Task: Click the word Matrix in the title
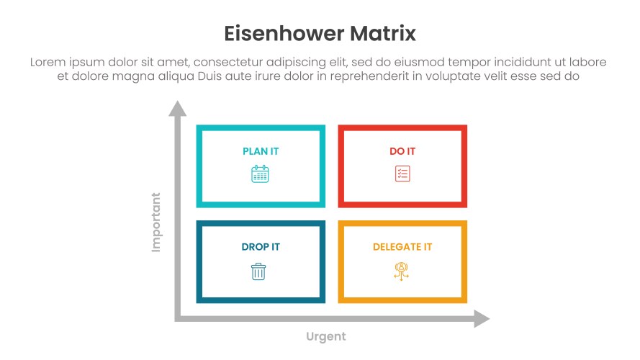(x=383, y=33)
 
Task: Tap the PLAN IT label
(x=261, y=151)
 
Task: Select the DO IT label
(x=402, y=151)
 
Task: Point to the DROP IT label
(x=261, y=247)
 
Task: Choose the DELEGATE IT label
(x=402, y=247)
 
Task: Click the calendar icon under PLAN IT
(x=260, y=174)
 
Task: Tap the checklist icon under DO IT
(x=402, y=174)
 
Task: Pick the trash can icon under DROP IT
(x=258, y=271)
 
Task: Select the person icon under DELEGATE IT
(x=401, y=271)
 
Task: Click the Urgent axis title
(x=325, y=337)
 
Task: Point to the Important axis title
(x=156, y=222)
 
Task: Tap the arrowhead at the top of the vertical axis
(x=178, y=109)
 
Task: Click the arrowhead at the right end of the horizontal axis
(x=482, y=318)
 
